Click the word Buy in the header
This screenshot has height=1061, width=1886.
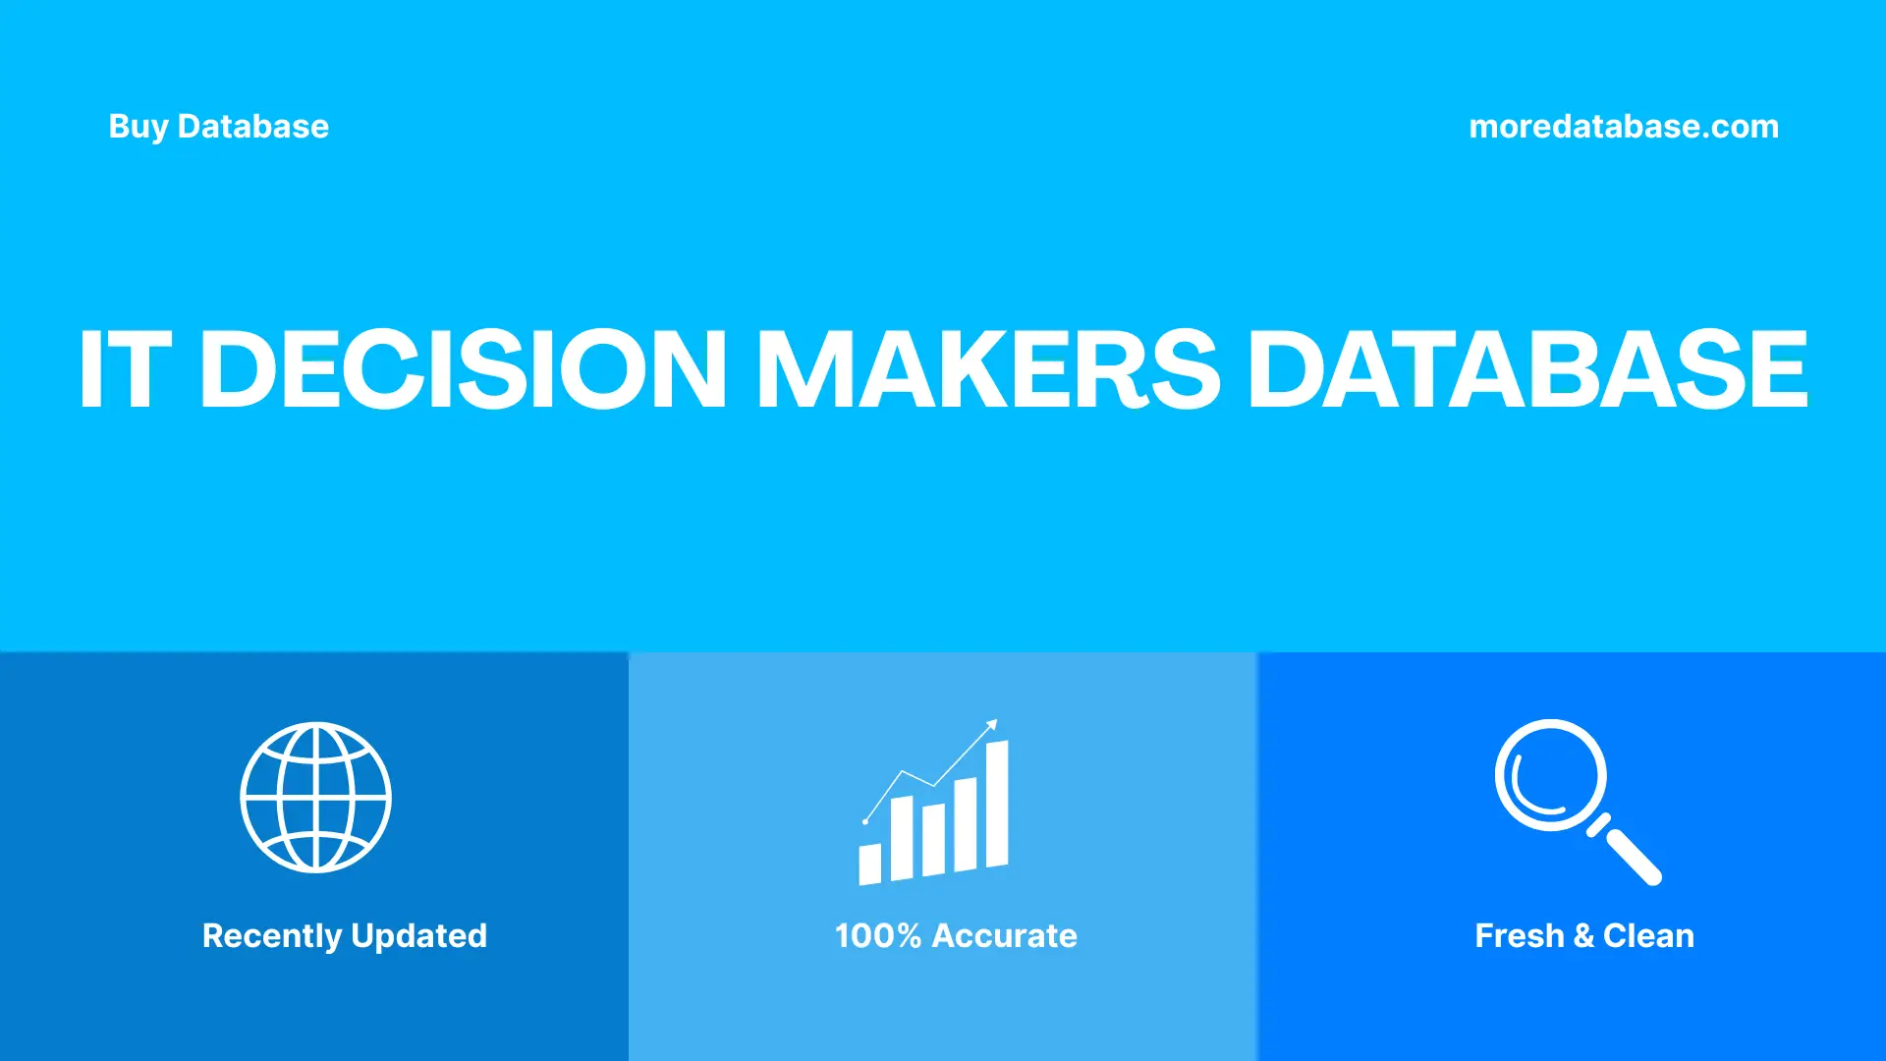click(139, 127)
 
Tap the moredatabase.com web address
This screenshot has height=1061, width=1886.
click(1623, 127)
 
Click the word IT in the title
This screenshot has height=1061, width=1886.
click(125, 369)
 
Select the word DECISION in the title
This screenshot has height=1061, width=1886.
click(463, 369)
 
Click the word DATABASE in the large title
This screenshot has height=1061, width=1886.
click(1527, 369)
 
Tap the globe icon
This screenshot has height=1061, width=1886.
click(315, 798)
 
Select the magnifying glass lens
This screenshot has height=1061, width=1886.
click(1550, 775)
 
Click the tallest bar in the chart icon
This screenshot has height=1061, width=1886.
click(997, 804)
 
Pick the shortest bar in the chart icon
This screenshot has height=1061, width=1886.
click(869, 864)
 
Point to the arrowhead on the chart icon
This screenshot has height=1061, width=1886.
click(992, 725)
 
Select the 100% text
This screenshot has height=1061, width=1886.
click(877, 936)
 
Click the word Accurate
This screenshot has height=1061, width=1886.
click(1004, 936)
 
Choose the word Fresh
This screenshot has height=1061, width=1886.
click(1519, 936)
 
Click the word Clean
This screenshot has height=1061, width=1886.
click(1648, 936)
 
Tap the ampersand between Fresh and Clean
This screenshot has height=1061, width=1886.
click(1582, 936)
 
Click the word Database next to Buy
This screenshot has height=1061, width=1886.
click(252, 127)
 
